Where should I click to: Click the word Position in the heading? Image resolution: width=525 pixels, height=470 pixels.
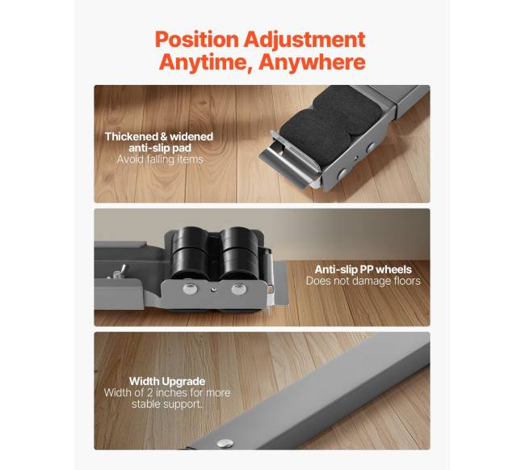point(197,40)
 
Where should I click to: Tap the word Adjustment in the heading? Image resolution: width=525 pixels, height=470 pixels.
point(304,40)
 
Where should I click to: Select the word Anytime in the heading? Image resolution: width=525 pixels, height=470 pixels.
point(206,61)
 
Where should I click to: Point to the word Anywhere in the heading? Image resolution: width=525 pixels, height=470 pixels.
point(312,62)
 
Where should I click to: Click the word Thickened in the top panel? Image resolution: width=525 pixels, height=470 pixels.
point(131,137)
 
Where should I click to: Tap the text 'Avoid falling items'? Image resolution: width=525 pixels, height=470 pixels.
point(160,159)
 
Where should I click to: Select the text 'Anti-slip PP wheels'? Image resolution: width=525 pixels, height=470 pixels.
point(363,269)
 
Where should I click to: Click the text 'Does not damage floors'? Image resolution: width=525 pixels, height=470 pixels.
point(363,281)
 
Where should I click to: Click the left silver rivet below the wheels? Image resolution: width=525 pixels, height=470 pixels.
point(190,288)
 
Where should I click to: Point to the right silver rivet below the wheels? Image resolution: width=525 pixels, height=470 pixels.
point(238,289)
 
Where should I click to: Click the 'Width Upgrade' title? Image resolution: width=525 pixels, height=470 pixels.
point(167,382)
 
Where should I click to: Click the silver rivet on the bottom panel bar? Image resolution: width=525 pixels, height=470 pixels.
point(225,443)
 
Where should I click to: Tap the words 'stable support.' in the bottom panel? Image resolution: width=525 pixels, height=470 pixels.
point(167,404)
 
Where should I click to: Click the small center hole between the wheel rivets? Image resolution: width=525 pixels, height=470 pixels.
point(213,289)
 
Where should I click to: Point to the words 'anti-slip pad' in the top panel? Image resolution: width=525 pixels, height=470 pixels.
point(160,148)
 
